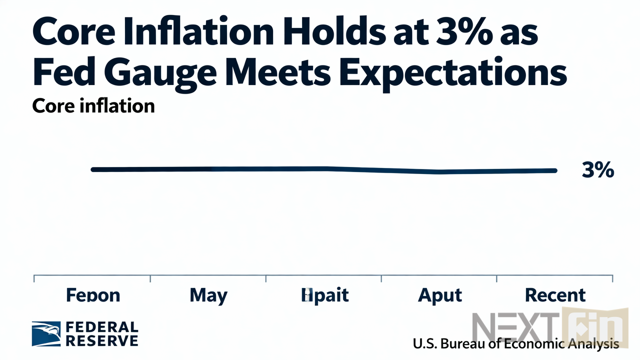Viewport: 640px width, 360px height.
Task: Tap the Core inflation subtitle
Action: pos(93,106)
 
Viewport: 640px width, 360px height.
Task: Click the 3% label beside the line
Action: pos(597,170)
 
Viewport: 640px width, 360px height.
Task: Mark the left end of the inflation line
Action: pos(93,169)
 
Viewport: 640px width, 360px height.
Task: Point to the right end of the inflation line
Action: pos(554,170)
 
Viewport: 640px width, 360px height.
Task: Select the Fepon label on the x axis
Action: pos(93,295)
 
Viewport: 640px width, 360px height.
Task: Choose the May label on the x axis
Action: pos(208,295)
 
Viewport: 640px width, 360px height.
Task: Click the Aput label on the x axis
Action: pos(440,295)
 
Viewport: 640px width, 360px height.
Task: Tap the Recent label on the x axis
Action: pos(555,295)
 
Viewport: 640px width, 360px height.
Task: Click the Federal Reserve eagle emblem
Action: pos(46,334)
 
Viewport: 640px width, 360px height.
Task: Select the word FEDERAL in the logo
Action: pos(102,327)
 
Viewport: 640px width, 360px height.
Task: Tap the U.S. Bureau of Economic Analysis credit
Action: pos(515,344)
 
